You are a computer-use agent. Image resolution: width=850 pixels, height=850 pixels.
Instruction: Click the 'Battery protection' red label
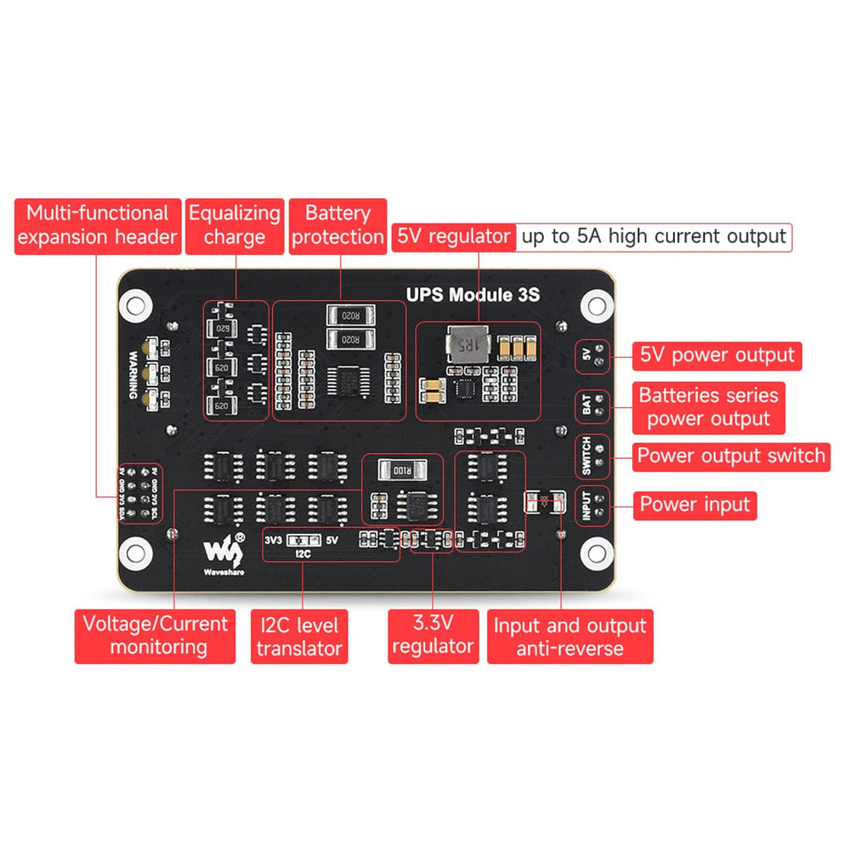tap(338, 226)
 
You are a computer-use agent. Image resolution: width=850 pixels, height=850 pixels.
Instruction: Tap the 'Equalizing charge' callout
tap(235, 226)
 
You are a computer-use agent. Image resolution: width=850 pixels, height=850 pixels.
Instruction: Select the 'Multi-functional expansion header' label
tap(97, 226)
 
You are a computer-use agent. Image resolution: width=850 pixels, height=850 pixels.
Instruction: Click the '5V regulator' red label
tap(455, 237)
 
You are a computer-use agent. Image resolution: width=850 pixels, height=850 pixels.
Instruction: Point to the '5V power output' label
tap(717, 354)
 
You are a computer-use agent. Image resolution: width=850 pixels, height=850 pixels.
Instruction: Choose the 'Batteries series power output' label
tap(708, 407)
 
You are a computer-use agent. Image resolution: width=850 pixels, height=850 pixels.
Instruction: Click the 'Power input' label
tap(695, 504)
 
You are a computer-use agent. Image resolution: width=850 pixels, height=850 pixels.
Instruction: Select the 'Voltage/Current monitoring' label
tap(156, 636)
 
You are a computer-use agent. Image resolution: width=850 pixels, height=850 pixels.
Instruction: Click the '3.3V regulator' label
tap(433, 634)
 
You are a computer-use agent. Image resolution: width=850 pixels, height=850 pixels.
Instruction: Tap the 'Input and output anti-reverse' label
tap(570, 637)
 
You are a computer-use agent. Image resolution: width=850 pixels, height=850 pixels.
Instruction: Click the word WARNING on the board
tap(133, 375)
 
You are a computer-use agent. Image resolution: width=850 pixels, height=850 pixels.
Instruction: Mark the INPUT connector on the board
tap(593, 504)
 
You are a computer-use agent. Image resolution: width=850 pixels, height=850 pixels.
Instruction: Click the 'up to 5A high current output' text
tap(654, 237)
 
